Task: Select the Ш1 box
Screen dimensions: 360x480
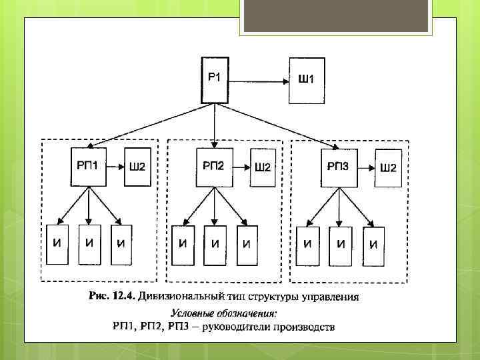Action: pyautogui.click(x=306, y=81)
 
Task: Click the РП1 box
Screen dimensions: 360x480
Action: pyautogui.click(x=88, y=167)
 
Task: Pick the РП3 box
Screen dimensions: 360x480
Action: pyautogui.click(x=338, y=167)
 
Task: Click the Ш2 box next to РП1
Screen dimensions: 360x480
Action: pyautogui.click(x=135, y=167)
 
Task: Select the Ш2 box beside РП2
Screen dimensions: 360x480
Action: pyautogui.click(x=263, y=167)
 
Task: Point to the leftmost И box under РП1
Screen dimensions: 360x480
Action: pyautogui.click(x=57, y=245)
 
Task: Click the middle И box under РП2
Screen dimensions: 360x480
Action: pyautogui.click(x=214, y=245)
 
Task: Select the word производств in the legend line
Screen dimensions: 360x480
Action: pyautogui.click(x=302, y=327)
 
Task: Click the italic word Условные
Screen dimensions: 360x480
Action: pyautogui.click(x=194, y=313)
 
